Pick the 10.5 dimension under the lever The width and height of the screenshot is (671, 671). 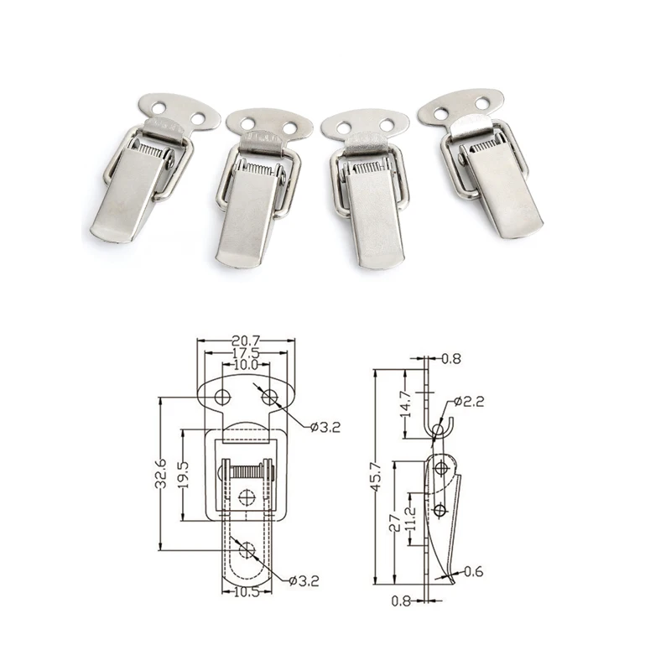[246, 591]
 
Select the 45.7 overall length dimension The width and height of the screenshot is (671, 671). [383, 476]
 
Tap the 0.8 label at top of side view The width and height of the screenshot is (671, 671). [450, 359]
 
